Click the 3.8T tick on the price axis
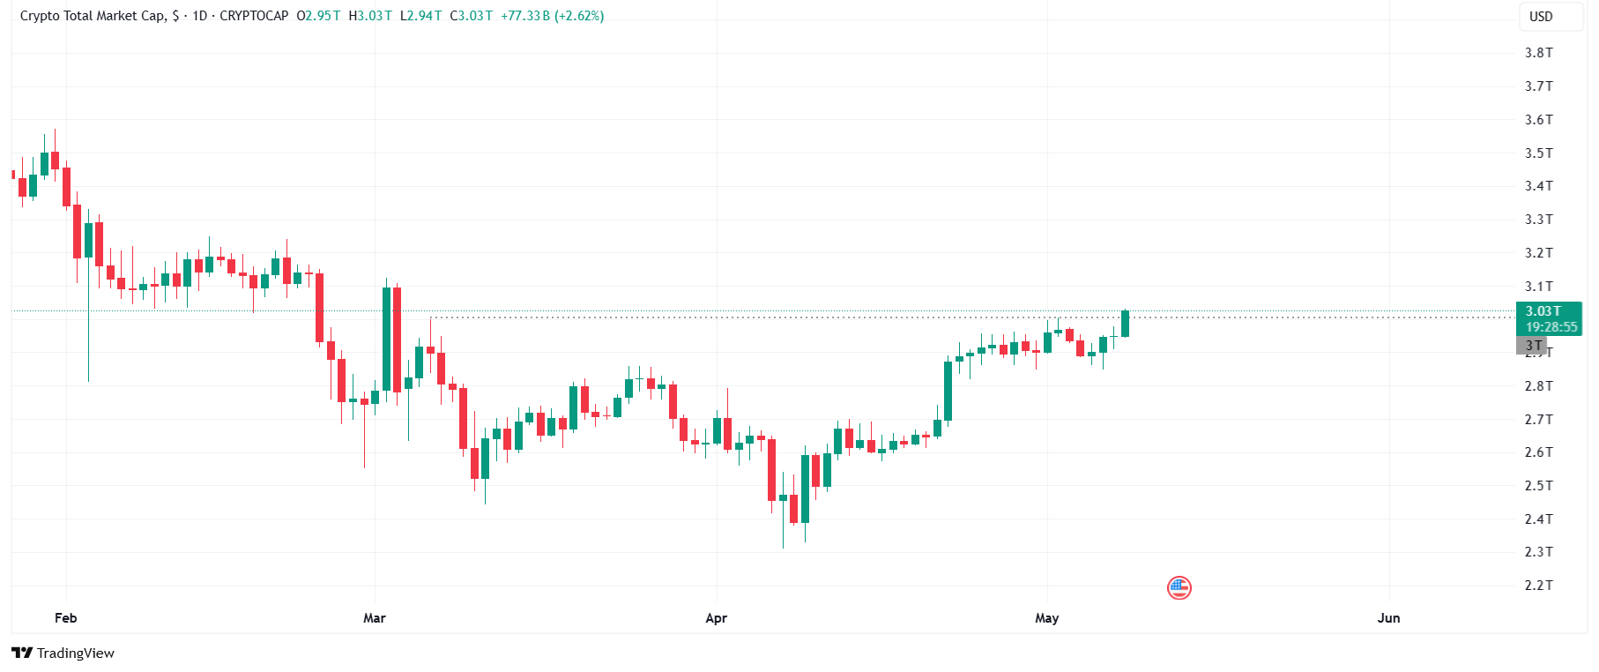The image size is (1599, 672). coord(1538,53)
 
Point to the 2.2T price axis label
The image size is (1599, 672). coord(1538,586)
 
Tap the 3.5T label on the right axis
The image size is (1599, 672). coord(1538,153)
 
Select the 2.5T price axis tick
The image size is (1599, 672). coord(1538,486)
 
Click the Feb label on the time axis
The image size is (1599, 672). coord(66,618)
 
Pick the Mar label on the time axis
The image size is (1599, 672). coord(375,618)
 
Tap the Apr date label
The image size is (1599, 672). coord(717,618)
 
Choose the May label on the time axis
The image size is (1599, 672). coord(1047,618)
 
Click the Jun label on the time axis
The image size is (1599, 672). coord(1389,618)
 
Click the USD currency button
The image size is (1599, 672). coord(1541,17)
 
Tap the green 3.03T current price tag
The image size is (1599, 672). coord(1549,318)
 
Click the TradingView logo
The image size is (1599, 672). coord(63,653)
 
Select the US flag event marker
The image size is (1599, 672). coord(1179,587)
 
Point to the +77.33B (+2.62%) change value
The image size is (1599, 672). coord(553,16)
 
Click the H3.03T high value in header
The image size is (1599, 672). coord(370,16)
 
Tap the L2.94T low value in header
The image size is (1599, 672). coord(420,16)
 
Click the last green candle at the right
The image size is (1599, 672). coord(1126,324)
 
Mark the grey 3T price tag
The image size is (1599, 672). coord(1532,346)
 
